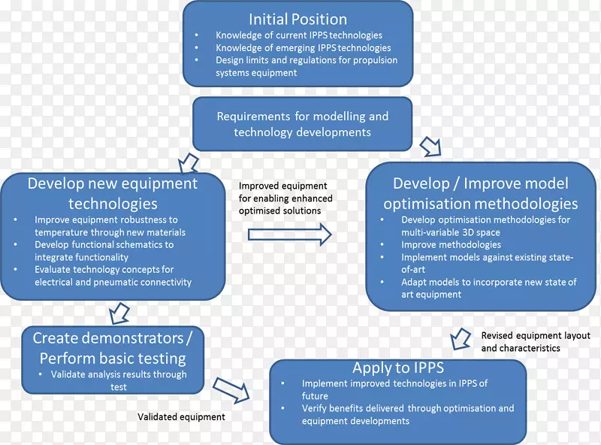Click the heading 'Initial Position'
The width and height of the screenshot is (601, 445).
point(298,18)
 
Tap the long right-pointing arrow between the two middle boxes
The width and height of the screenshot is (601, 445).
point(290,235)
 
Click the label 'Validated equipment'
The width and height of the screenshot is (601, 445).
point(181,416)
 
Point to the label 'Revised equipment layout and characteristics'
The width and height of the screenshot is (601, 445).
point(536,342)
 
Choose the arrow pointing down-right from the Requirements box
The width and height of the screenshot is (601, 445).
point(430,145)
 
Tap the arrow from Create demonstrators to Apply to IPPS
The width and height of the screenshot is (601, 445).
point(232,388)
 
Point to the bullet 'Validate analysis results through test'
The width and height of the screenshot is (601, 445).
point(119,380)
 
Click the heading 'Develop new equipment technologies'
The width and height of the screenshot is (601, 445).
point(113,193)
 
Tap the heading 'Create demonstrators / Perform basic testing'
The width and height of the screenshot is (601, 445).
point(113,348)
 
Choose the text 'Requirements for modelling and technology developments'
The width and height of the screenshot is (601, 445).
point(303,124)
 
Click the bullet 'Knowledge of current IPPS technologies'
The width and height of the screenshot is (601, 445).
point(299,35)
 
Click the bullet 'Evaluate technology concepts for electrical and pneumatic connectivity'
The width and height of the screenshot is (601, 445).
point(113,276)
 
